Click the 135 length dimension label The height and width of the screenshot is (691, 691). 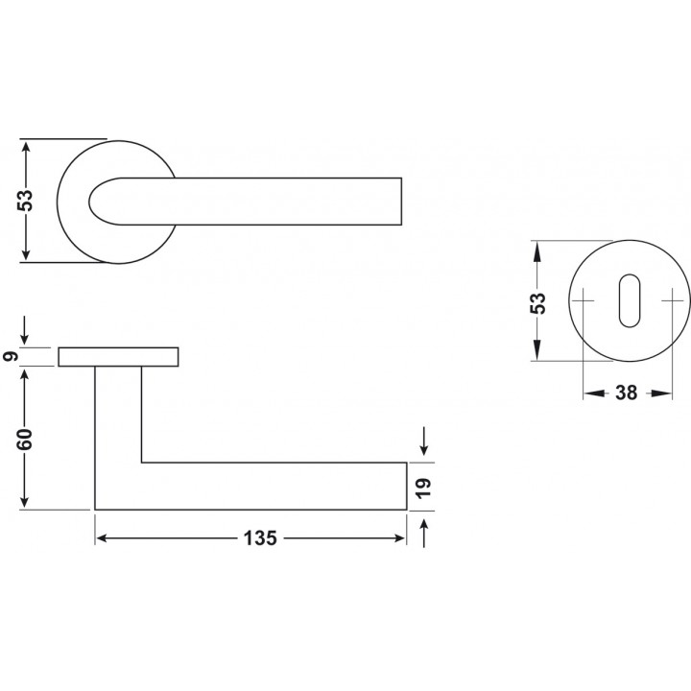[260, 538]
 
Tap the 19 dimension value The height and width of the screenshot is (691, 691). [423, 488]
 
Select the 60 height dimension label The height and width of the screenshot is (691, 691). [25, 439]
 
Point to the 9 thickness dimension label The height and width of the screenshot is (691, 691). [11, 356]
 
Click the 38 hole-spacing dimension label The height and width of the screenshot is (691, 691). [626, 393]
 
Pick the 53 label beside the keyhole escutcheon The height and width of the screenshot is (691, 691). [537, 303]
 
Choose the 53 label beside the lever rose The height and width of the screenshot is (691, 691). [25, 201]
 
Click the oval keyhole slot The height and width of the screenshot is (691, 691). [630, 301]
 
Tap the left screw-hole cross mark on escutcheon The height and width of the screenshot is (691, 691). [584, 301]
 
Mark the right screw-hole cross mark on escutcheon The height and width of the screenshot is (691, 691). [673, 301]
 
